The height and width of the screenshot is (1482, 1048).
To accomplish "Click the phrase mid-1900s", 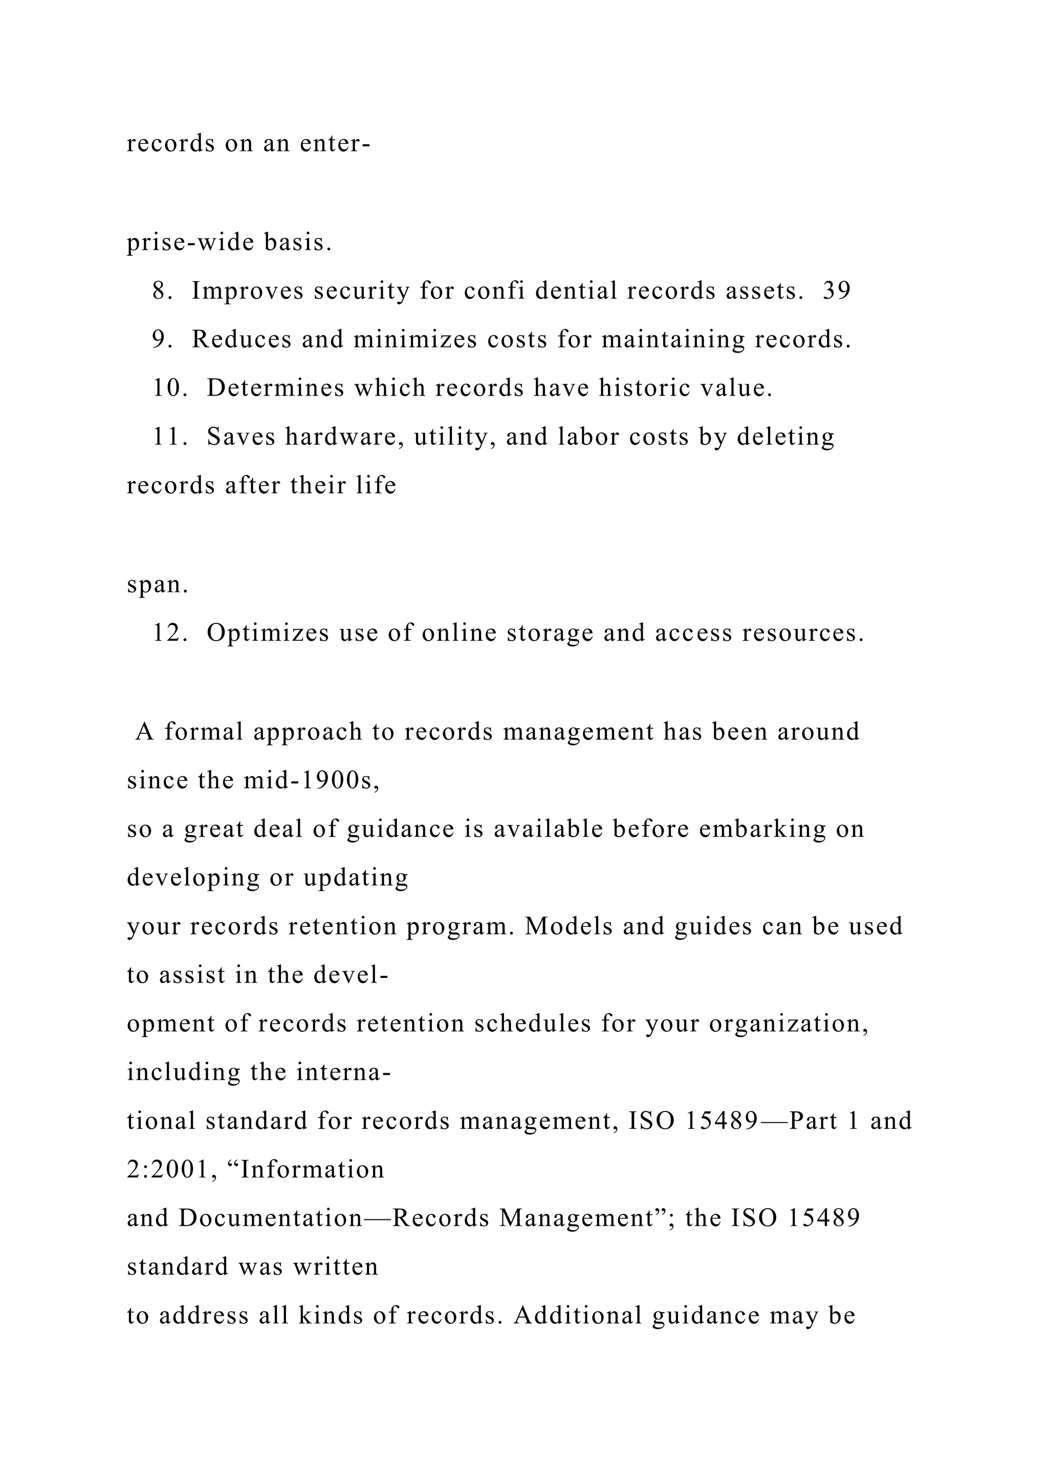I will [311, 780].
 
